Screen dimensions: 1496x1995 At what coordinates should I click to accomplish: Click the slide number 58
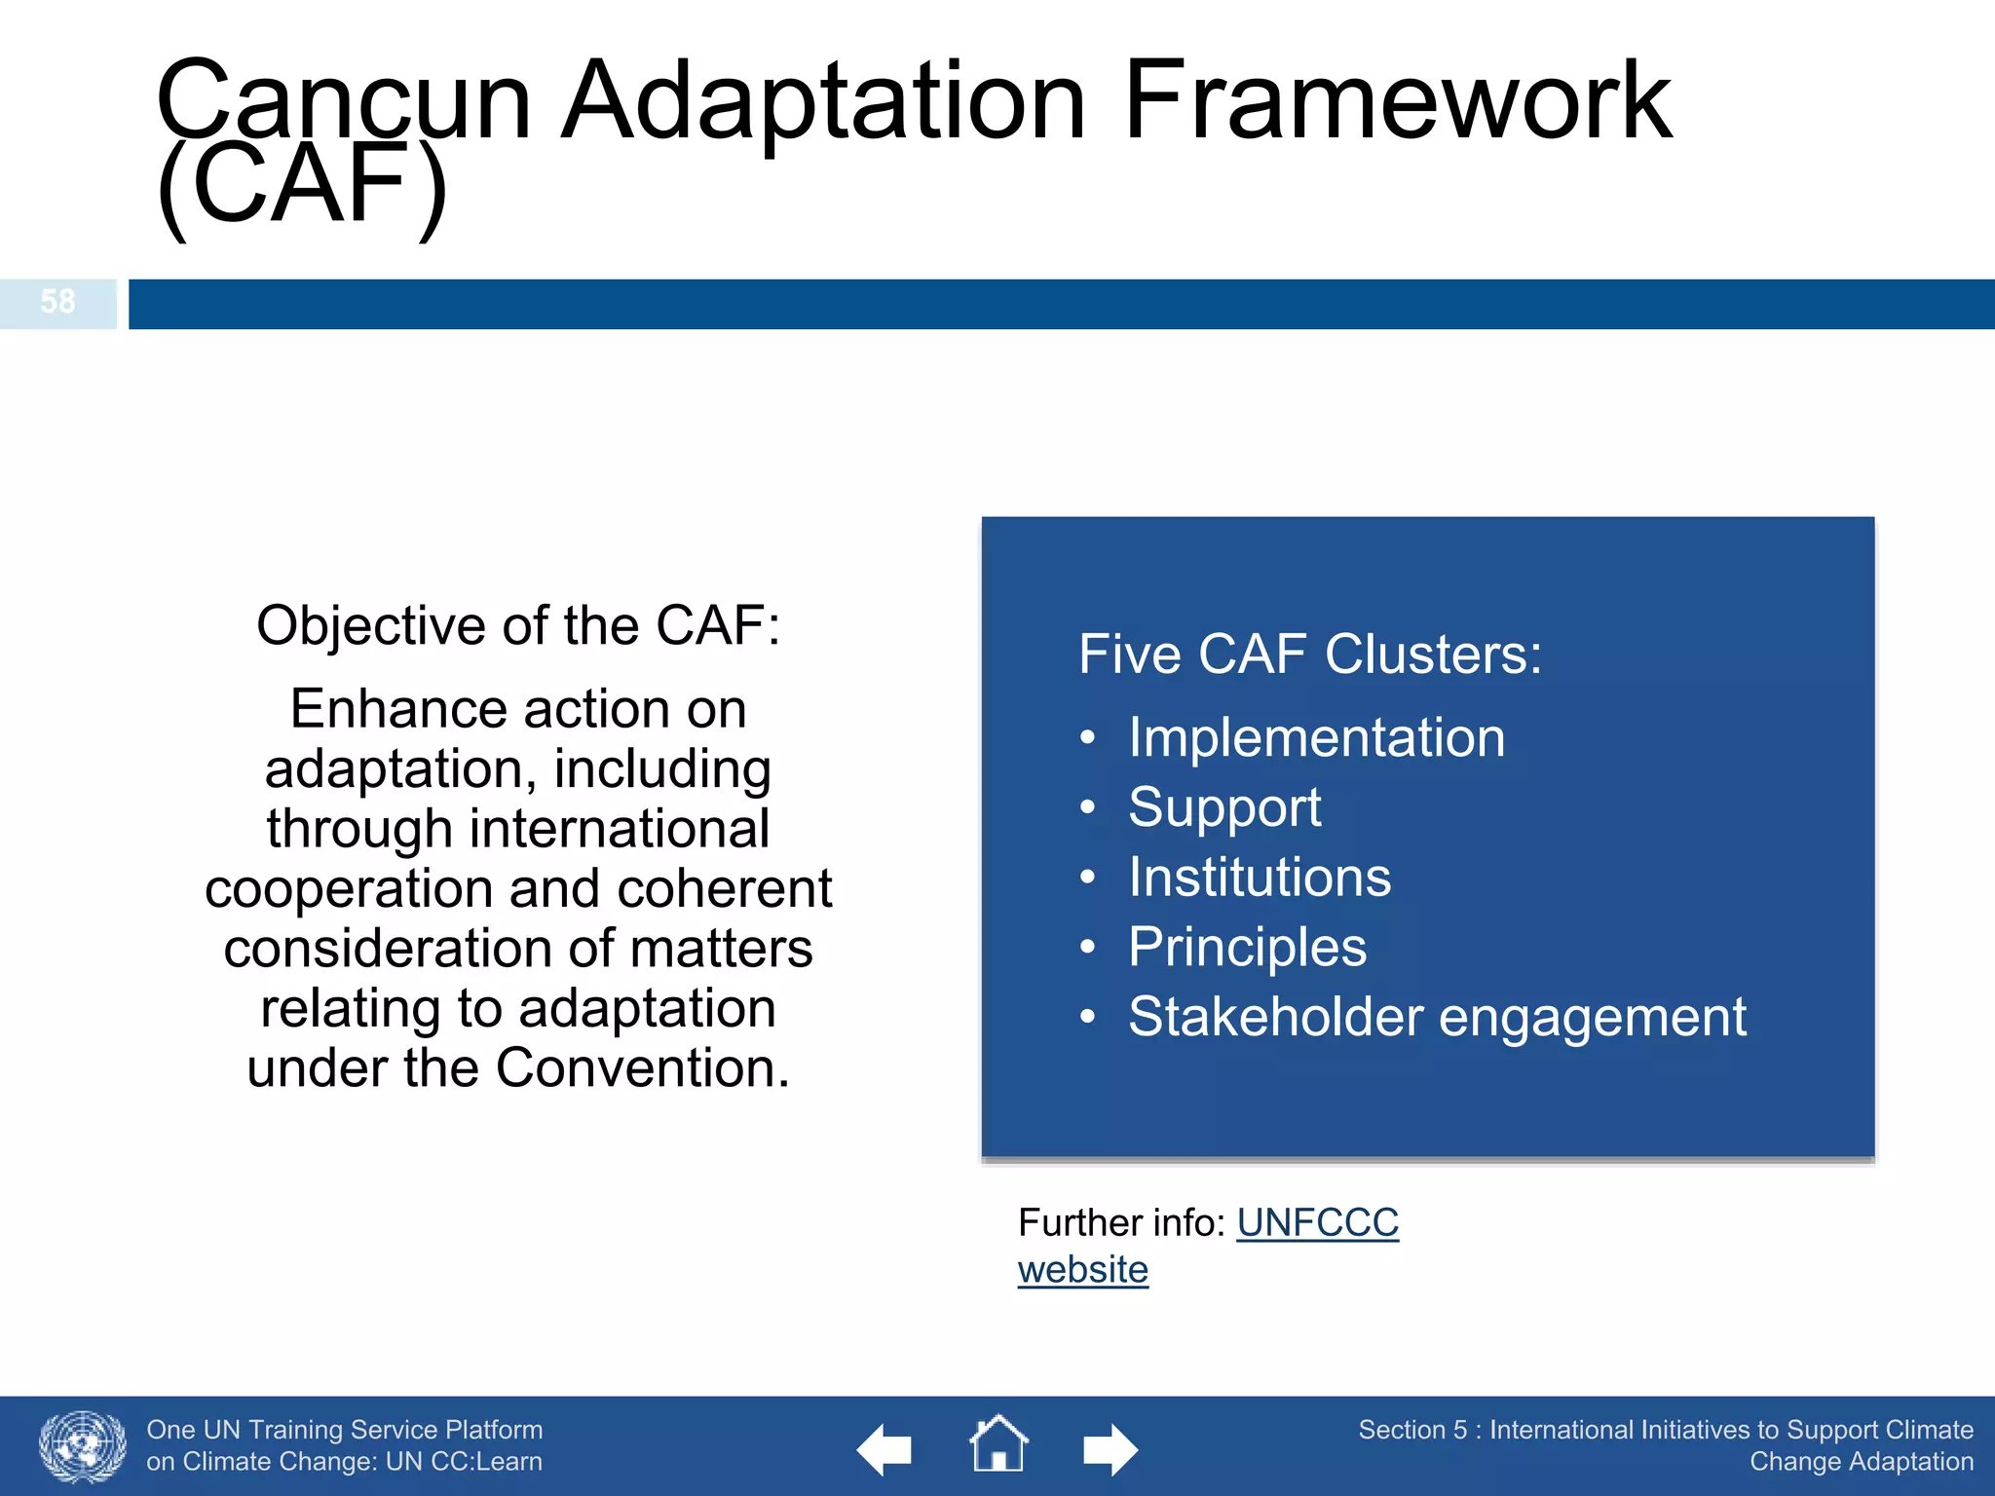pos(57,302)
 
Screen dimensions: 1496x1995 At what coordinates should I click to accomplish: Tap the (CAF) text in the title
pos(302,185)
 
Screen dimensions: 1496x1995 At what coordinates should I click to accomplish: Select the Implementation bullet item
pos(1316,737)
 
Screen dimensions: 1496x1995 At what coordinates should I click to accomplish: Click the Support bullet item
pos(1224,807)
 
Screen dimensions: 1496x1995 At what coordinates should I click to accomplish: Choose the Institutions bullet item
pos(1260,878)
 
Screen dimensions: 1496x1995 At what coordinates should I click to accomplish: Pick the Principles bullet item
pos(1247,948)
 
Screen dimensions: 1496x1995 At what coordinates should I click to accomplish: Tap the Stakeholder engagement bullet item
pos(1437,1018)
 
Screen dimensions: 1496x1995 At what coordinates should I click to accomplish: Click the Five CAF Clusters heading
pos(1309,654)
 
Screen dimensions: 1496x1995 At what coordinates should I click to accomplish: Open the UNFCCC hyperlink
pos(1317,1223)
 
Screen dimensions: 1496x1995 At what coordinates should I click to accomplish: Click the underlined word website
pos(1082,1270)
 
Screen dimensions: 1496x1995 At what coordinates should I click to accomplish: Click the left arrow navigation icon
pos(885,1449)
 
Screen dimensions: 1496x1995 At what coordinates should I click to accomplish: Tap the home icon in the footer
pos(998,1445)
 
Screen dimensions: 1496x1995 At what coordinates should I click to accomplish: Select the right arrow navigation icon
pos(1110,1449)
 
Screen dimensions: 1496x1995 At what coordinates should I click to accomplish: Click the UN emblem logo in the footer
pos(83,1447)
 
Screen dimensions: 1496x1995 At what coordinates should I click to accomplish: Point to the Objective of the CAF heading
pos(518,625)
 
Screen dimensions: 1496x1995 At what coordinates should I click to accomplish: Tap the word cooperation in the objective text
pos(350,889)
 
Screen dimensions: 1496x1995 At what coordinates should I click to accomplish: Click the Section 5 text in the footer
pos(1412,1430)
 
